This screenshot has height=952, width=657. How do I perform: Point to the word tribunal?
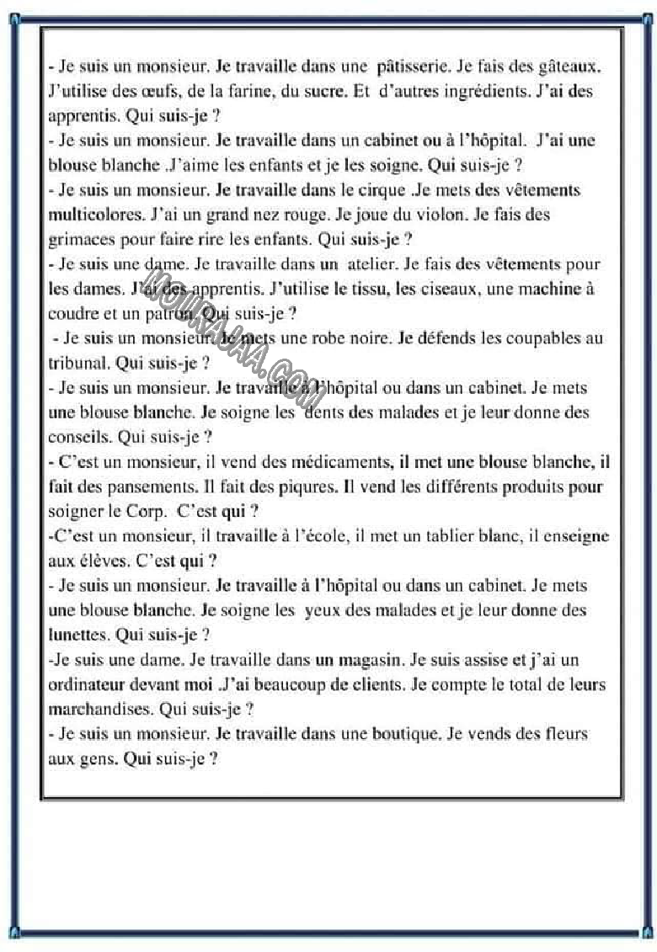(x=77, y=364)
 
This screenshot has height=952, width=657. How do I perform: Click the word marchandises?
(x=101, y=710)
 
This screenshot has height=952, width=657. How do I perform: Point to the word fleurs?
(x=558, y=734)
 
